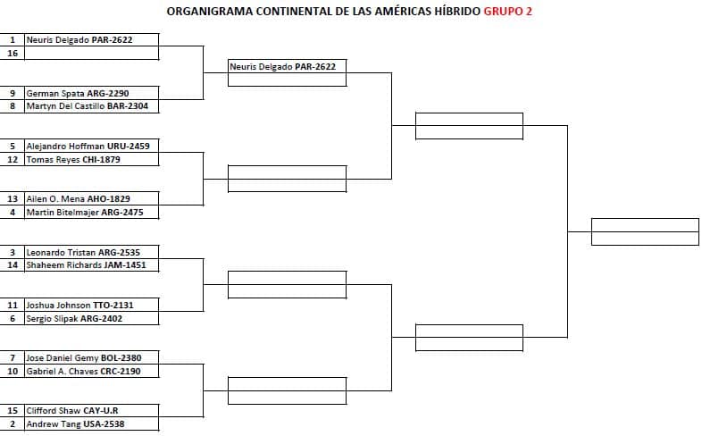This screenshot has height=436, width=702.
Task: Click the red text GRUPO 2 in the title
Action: pos(507,12)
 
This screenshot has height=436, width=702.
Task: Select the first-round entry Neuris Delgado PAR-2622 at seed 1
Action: pos(79,40)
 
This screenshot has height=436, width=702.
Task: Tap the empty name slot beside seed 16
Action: pos(92,53)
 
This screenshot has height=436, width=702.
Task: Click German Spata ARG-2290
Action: pos(78,93)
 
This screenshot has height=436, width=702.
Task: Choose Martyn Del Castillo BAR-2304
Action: pos(87,106)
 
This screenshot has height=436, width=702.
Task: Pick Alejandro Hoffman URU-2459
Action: pos(88,146)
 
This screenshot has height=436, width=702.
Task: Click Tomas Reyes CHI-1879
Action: pos(73,159)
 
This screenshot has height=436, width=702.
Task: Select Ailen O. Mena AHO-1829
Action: pos(78,198)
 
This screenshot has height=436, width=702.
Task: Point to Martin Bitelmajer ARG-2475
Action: pos(85,212)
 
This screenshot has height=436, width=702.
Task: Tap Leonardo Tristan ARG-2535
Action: pos(83,252)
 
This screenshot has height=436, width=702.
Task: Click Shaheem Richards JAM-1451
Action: pos(86,265)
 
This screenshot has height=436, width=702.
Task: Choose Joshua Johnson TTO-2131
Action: pos(79,306)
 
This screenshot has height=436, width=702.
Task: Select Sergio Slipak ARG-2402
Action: pos(74,319)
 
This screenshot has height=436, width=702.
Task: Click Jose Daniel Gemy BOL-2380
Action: pos(84,358)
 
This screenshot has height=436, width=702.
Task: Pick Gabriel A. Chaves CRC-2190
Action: pos(83,371)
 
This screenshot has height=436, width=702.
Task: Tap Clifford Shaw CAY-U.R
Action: pos(72,411)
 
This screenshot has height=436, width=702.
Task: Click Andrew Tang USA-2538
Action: pos(75,423)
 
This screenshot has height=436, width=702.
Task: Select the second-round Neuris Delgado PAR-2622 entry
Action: pos(282,67)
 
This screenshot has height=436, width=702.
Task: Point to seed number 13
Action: pos(13,198)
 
